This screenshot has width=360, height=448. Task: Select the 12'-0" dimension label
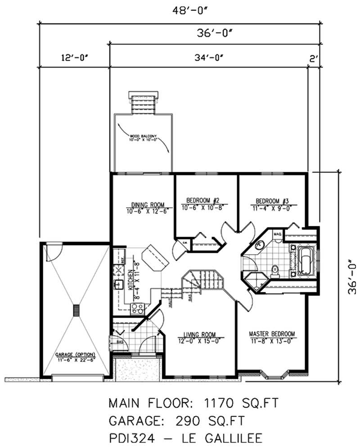[x=73, y=58]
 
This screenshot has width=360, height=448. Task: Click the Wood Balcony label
[x=143, y=137]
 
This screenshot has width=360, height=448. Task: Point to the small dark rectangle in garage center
[x=76, y=310]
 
